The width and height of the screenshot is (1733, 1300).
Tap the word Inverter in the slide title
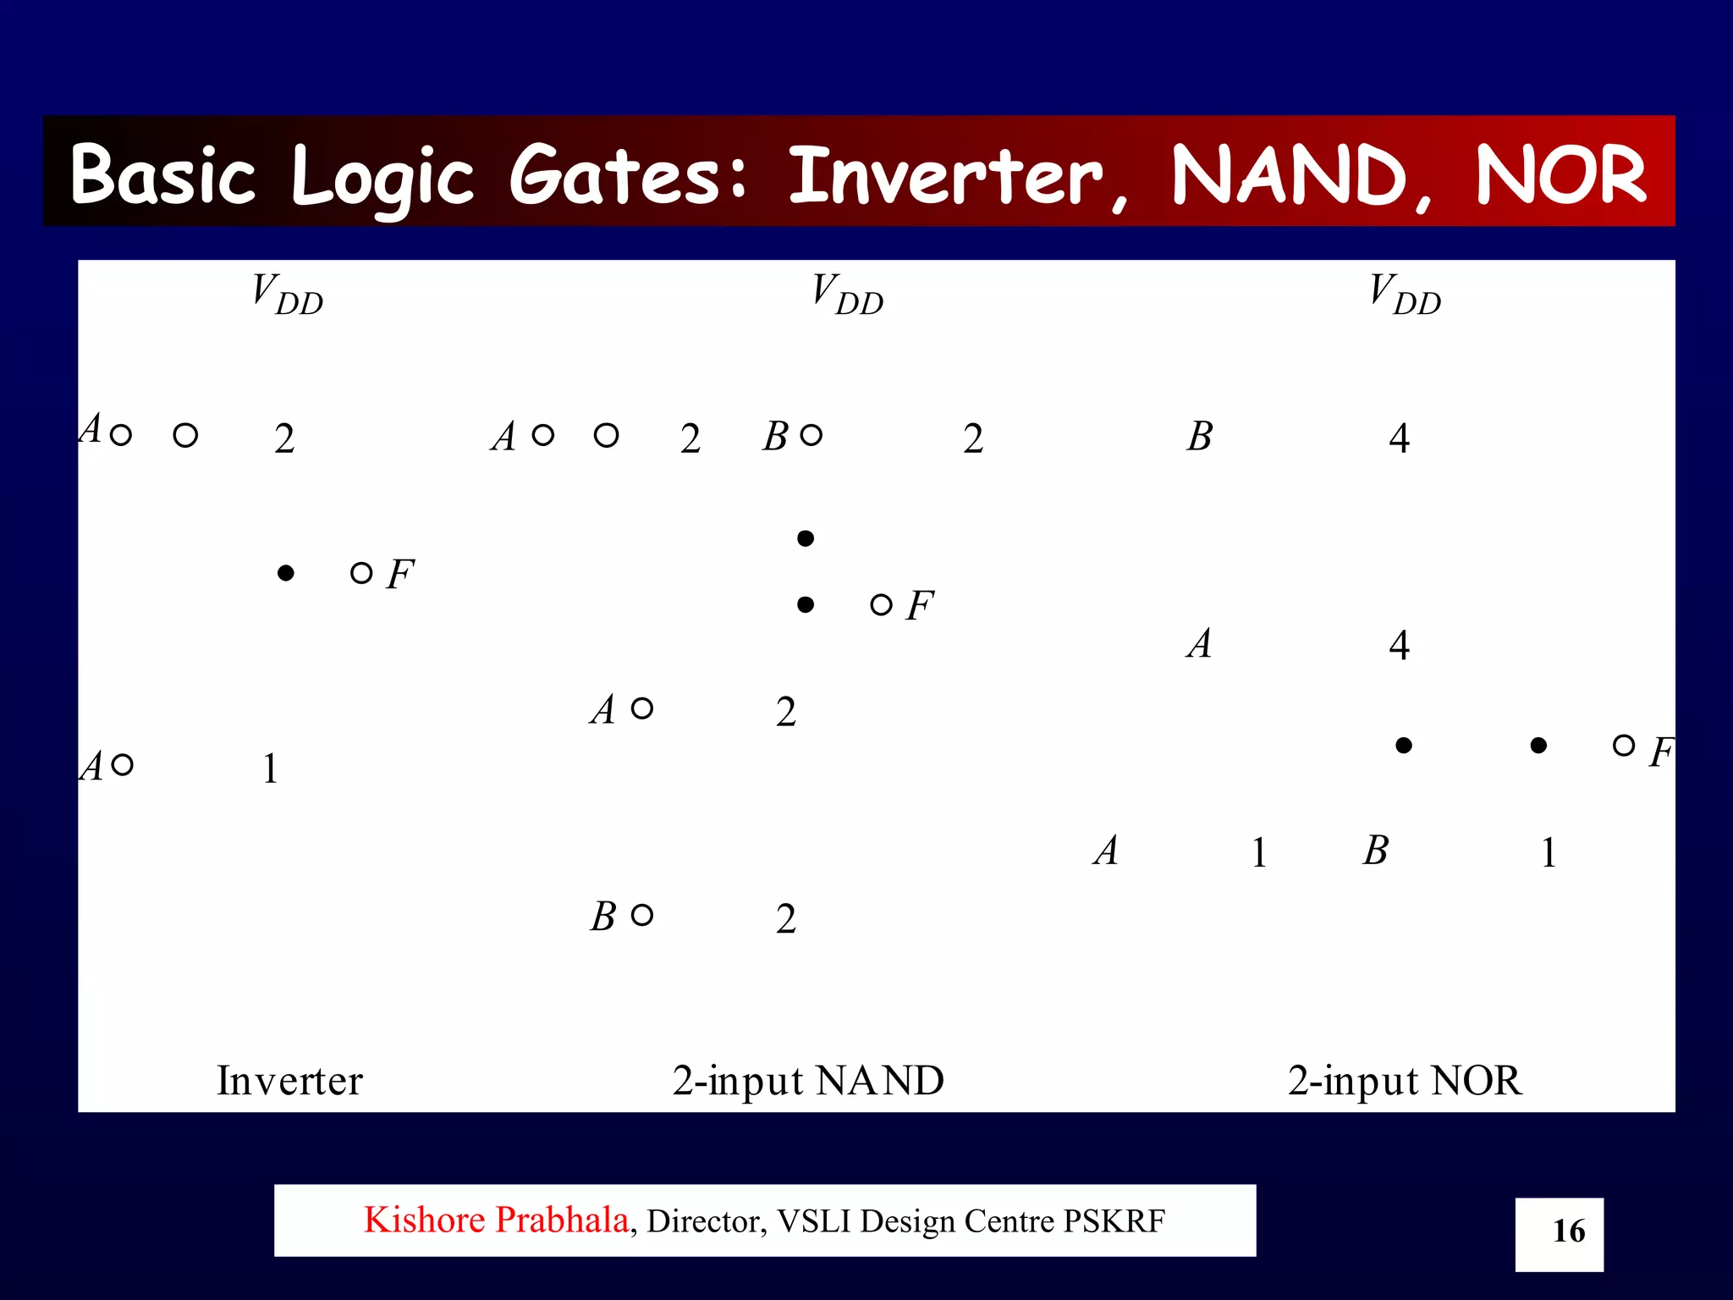pos(946,175)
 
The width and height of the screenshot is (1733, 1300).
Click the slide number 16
pos(1568,1231)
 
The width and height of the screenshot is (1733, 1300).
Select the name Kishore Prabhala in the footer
pos(496,1220)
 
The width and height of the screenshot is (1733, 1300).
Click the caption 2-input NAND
pos(808,1081)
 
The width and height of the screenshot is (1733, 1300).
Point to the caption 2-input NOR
pos(1404,1081)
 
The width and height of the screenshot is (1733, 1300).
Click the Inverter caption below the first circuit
pos(289,1081)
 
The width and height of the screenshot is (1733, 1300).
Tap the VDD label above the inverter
pos(287,294)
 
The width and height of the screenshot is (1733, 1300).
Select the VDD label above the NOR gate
pos(1405,294)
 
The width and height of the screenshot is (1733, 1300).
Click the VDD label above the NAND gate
pos(847,294)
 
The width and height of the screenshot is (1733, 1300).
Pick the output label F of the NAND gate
pos(919,606)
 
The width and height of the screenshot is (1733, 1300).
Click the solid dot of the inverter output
pos(286,574)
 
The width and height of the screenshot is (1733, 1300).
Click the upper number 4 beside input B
pos(1399,438)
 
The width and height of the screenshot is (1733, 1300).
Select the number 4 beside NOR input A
pos(1399,646)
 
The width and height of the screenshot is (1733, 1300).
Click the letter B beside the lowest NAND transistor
pos(602,917)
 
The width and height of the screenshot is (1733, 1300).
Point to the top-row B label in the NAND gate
pos(775,437)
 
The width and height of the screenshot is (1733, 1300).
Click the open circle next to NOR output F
pos(1623,745)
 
